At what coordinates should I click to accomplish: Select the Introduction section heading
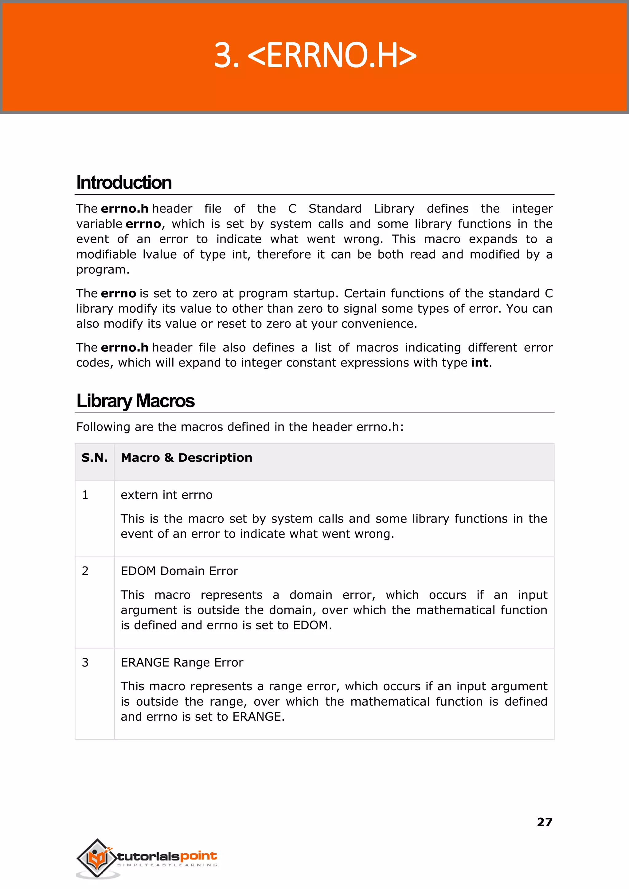tap(124, 182)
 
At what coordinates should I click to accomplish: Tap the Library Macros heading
tap(135, 401)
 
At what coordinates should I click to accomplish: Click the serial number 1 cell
tap(85, 495)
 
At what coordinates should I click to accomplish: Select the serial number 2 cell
tap(85, 571)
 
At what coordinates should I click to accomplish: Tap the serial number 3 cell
tap(85, 662)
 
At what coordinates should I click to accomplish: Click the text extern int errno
tap(166, 495)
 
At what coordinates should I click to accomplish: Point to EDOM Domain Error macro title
tap(179, 571)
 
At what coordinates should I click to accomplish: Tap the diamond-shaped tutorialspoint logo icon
tap(96, 858)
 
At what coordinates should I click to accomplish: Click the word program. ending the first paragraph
tap(103, 270)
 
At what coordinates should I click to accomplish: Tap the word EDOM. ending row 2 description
tap(312, 625)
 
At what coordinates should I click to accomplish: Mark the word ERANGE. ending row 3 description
tap(258, 717)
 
